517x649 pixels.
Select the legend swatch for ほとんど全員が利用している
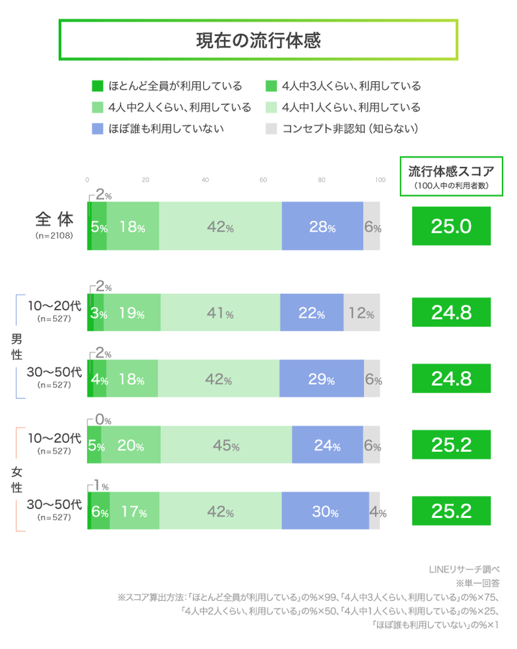click(x=98, y=86)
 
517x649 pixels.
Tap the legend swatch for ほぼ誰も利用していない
click(x=98, y=129)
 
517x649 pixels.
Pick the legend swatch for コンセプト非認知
click(x=271, y=129)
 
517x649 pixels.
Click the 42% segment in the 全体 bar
click(x=220, y=227)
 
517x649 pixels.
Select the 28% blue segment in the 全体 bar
click(x=322, y=227)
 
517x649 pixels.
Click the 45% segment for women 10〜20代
click(x=226, y=446)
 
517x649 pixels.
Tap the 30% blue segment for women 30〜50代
click(x=325, y=512)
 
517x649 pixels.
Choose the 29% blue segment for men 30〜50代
click(x=321, y=379)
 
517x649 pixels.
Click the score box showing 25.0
click(x=451, y=226)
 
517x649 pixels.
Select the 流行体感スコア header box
click(x=451, y=176)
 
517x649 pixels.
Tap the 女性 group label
click(x=16, y=479)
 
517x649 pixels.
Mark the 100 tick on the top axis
click(x=379, y=180)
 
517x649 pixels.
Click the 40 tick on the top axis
click(x=205, y=180)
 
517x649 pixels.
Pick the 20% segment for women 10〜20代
click(x=131, y=446)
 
